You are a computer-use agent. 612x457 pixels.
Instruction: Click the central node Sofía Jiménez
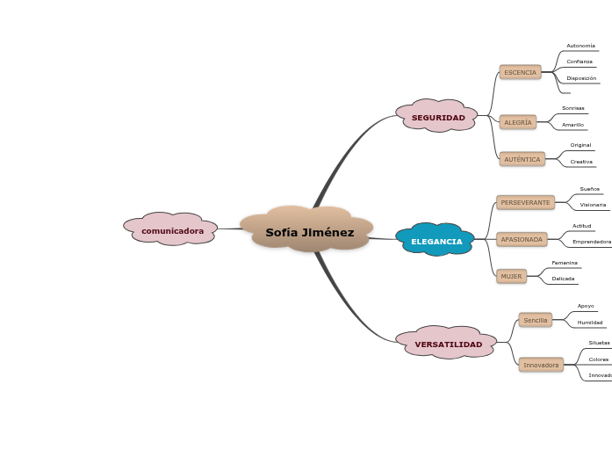click(309, 233)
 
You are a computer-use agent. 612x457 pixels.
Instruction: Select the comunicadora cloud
click(172, 230)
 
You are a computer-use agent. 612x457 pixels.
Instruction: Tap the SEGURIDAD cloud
click(438, 118)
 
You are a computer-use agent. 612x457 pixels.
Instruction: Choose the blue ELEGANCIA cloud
click(436, 241)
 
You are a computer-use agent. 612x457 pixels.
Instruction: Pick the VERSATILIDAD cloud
click(448, 345)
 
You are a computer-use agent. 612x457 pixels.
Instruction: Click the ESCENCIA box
click(520, 72)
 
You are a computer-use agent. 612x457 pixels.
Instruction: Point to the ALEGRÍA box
click(517, 123)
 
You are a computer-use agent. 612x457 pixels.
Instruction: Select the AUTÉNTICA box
click(522, 159)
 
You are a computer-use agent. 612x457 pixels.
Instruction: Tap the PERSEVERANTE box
click(525, 203)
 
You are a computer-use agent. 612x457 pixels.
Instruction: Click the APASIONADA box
click(522, 239)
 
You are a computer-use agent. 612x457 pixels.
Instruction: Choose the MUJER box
click(511, 276)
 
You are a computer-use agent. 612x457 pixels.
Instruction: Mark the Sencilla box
click(535, 321)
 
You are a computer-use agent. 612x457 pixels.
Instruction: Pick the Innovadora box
click(541, 365)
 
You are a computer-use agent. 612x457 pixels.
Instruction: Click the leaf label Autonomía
click(580, 46)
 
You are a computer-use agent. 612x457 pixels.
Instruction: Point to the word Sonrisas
click(572, 108)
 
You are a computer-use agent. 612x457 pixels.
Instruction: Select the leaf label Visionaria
click(593, 205)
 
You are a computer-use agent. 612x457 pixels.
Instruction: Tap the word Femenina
click(565, 263)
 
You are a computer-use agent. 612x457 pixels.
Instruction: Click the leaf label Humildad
click(589, 323)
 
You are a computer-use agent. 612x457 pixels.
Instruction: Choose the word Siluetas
click(599, 343)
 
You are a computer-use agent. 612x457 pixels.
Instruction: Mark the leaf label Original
click(580, 145)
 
